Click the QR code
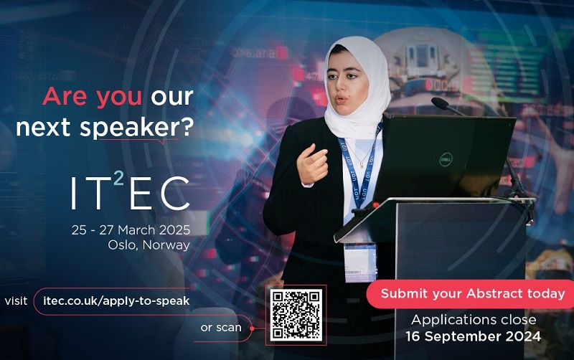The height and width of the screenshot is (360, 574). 296,315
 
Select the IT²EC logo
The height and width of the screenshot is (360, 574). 130,191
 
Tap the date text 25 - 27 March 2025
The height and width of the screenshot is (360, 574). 131,230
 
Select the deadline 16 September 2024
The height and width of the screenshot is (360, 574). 473,336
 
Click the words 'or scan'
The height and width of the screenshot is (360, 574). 221,328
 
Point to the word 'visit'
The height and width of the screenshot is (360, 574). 17,300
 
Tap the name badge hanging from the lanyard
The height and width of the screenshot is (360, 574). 359,260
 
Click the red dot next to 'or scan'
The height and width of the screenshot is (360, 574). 253,328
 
